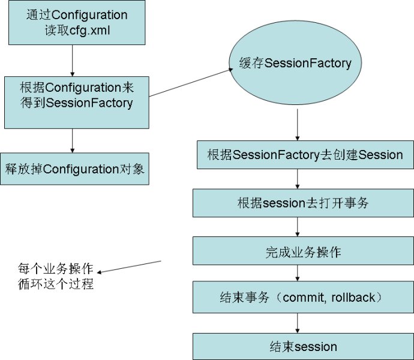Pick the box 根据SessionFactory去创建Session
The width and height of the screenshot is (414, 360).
305,155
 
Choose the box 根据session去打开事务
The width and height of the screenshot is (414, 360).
302,203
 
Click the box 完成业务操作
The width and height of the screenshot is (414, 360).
302,251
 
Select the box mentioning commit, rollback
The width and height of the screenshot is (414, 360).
302,297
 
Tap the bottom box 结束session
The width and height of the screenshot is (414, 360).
302,346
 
